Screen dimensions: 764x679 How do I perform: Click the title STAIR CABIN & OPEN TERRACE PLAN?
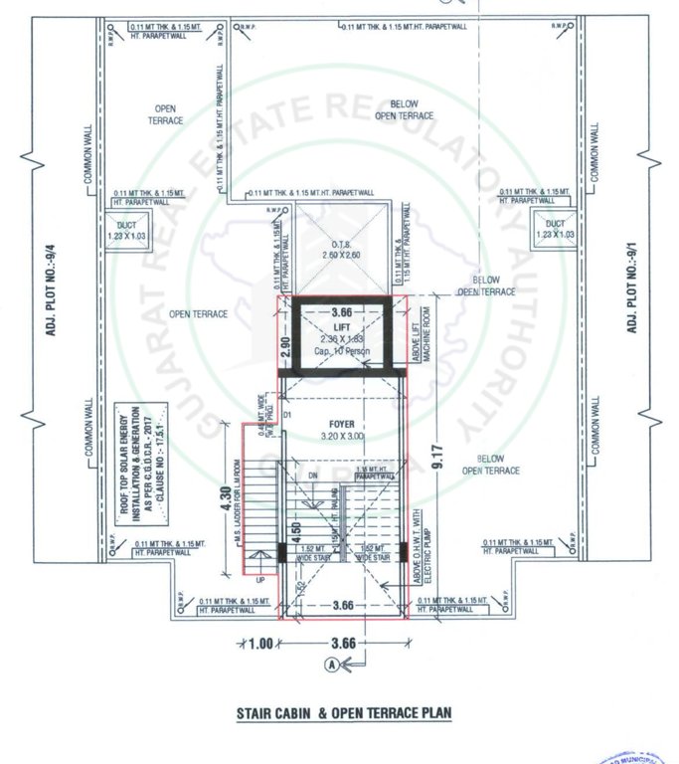coord(343,712)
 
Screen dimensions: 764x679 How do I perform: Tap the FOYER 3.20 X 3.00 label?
coord(342,429)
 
